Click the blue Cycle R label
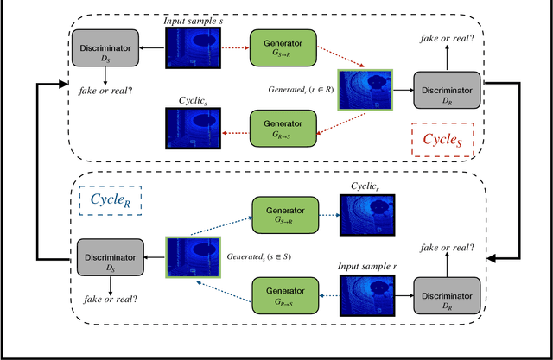click(x=111, y=200)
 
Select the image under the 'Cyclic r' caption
click(x=367, y=214)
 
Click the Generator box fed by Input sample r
click(x=283, y=294)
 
